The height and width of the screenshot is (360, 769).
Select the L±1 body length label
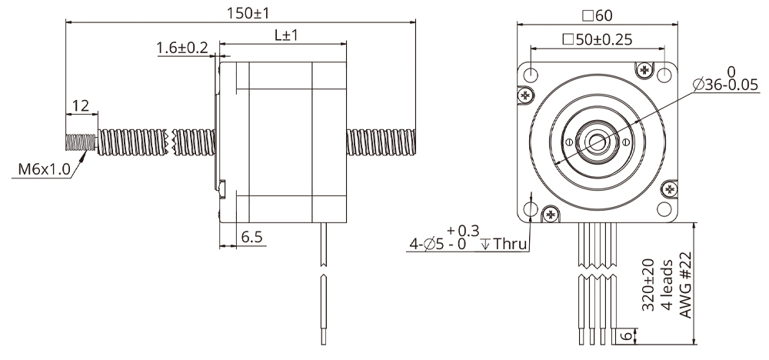(285, 36)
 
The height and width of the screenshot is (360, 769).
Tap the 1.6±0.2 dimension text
(182, 48)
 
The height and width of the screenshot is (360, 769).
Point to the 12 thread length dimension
(81, 105)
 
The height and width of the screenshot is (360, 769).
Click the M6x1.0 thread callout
(41, 168)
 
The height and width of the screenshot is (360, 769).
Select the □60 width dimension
(598, 15)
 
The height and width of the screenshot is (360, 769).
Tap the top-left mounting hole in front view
(532, 75)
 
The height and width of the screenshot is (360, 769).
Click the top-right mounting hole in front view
(664, 75)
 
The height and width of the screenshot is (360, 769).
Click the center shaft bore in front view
(598, 142)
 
